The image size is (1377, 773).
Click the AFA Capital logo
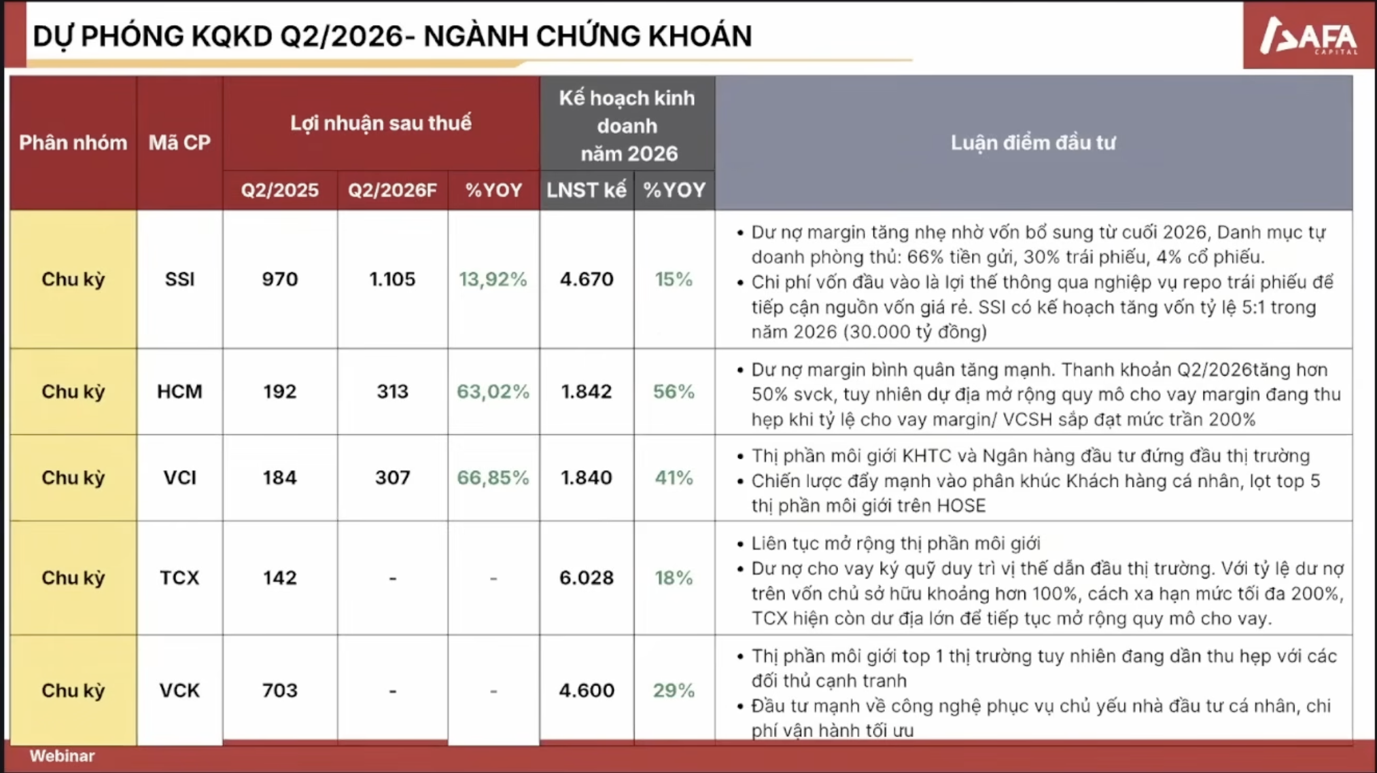point(1308,35)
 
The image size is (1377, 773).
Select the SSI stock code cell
point(179,279)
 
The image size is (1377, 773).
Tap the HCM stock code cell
point(179,391)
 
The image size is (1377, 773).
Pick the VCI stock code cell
point(179,478)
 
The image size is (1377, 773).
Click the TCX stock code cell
point(179,577)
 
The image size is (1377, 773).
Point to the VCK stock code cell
point(179,690)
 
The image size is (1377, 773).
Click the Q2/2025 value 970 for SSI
point(280,279)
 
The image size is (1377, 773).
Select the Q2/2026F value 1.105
point(392,279)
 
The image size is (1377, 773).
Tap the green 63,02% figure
point(493,391)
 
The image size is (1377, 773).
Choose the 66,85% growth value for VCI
point(493,478)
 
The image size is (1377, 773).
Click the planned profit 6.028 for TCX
point(587,577)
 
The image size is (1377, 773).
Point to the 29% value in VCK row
point(674,690)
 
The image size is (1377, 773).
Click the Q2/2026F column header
point(392,190)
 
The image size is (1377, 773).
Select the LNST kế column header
point(587,190)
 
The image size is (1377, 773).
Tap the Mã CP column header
point(179,143)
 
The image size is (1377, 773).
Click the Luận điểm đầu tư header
point(1033,143)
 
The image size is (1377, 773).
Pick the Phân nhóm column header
point(73,143)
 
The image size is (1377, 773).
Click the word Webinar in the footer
point(62,756)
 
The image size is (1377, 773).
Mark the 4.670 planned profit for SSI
point(587,279)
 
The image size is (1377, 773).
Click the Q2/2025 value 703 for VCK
point(280,690)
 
